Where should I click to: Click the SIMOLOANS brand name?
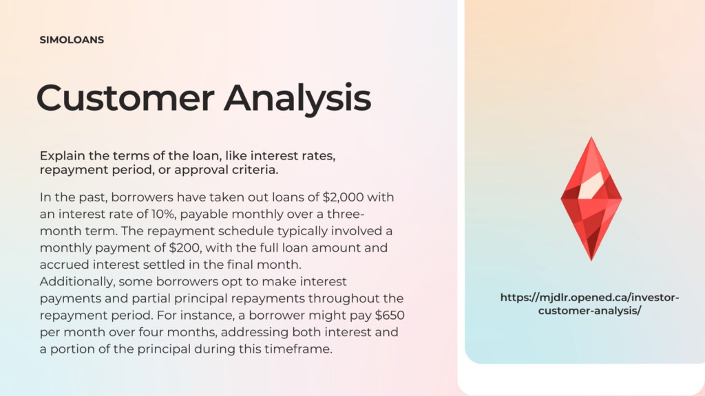pos(72,40)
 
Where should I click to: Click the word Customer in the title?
pos(125,98)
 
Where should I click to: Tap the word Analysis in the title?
pos(297,98)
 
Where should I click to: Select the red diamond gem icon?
pos(591,199)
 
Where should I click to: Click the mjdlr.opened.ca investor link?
pos(589,304)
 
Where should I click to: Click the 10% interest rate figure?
pos(162,214)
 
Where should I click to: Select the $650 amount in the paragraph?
pos(390,315)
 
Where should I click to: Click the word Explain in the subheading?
pos(62,156)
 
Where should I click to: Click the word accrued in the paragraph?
pos(64,265)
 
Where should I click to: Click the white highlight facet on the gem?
pos(591,185)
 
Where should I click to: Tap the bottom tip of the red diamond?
pos(591,261)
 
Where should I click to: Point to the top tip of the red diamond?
pos(591,137)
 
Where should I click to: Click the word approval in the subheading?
pos(200,170)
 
